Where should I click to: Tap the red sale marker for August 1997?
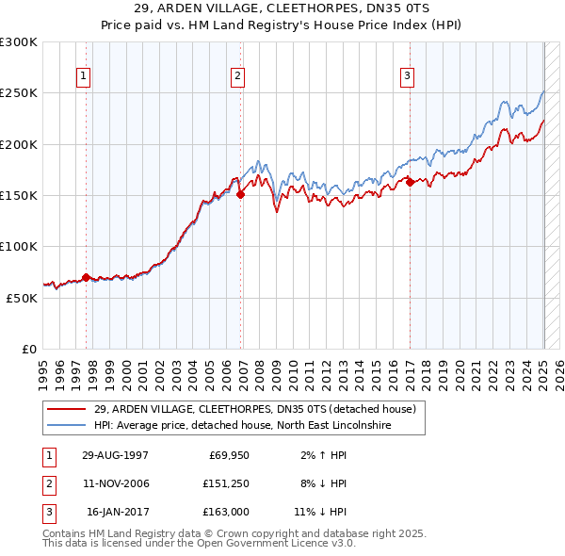87,277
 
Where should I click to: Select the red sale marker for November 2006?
240,195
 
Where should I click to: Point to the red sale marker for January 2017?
411,183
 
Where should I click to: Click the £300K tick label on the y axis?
19,42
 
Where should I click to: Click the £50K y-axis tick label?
23,298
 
